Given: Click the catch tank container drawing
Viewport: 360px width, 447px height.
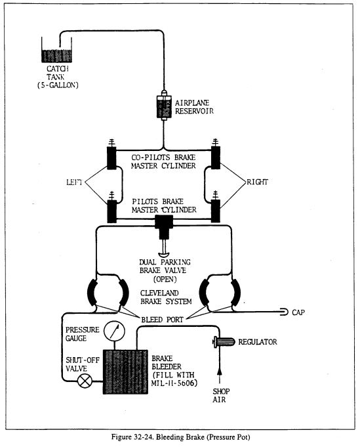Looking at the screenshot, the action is pyautogui.click(x=56, y=50).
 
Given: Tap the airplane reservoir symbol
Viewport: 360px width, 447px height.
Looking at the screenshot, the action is pyautogui.click(x=164, y=106).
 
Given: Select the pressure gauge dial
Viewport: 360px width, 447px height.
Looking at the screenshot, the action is pyautogui.click(x=114, y=331).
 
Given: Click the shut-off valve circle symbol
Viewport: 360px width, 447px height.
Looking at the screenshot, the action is pyautogui.click(x=85, y=381).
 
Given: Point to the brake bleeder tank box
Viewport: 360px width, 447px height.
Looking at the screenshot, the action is pyautogui.click(x=125, y=372).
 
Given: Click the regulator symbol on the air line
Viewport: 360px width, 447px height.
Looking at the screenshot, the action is pyautogui.click(x=224, y=341).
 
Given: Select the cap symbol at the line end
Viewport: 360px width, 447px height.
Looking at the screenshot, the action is pyautogui.click(x=284, y=312).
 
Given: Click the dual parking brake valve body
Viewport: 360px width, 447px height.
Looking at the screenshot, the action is pyautogui.click(x=164, y=226).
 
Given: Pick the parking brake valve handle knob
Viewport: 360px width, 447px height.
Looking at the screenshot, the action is pyautogui.click(x=164, y=254).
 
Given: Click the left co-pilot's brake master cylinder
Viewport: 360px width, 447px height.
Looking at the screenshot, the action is pyautogui.click(x=111, y=158).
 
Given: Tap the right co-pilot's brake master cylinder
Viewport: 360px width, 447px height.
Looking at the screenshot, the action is pyautogui.click(x=216, y=158).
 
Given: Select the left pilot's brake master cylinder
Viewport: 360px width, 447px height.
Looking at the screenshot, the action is pyautogui.click(x=111, y=211).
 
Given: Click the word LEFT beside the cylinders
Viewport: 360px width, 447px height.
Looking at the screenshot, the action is pyautogui.click(x=74, y=182).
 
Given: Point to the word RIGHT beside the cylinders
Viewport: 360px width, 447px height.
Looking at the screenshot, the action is pyautogui.click(x=258, y=182).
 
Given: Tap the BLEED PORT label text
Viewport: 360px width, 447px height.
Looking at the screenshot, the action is pyautogui.click(x=163, y=320).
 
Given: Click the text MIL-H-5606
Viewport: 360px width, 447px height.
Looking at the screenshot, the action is pyautogui.click(x=174, y=383).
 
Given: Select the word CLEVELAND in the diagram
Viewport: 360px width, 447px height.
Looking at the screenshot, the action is pyautogui.click(x=159, y=293).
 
